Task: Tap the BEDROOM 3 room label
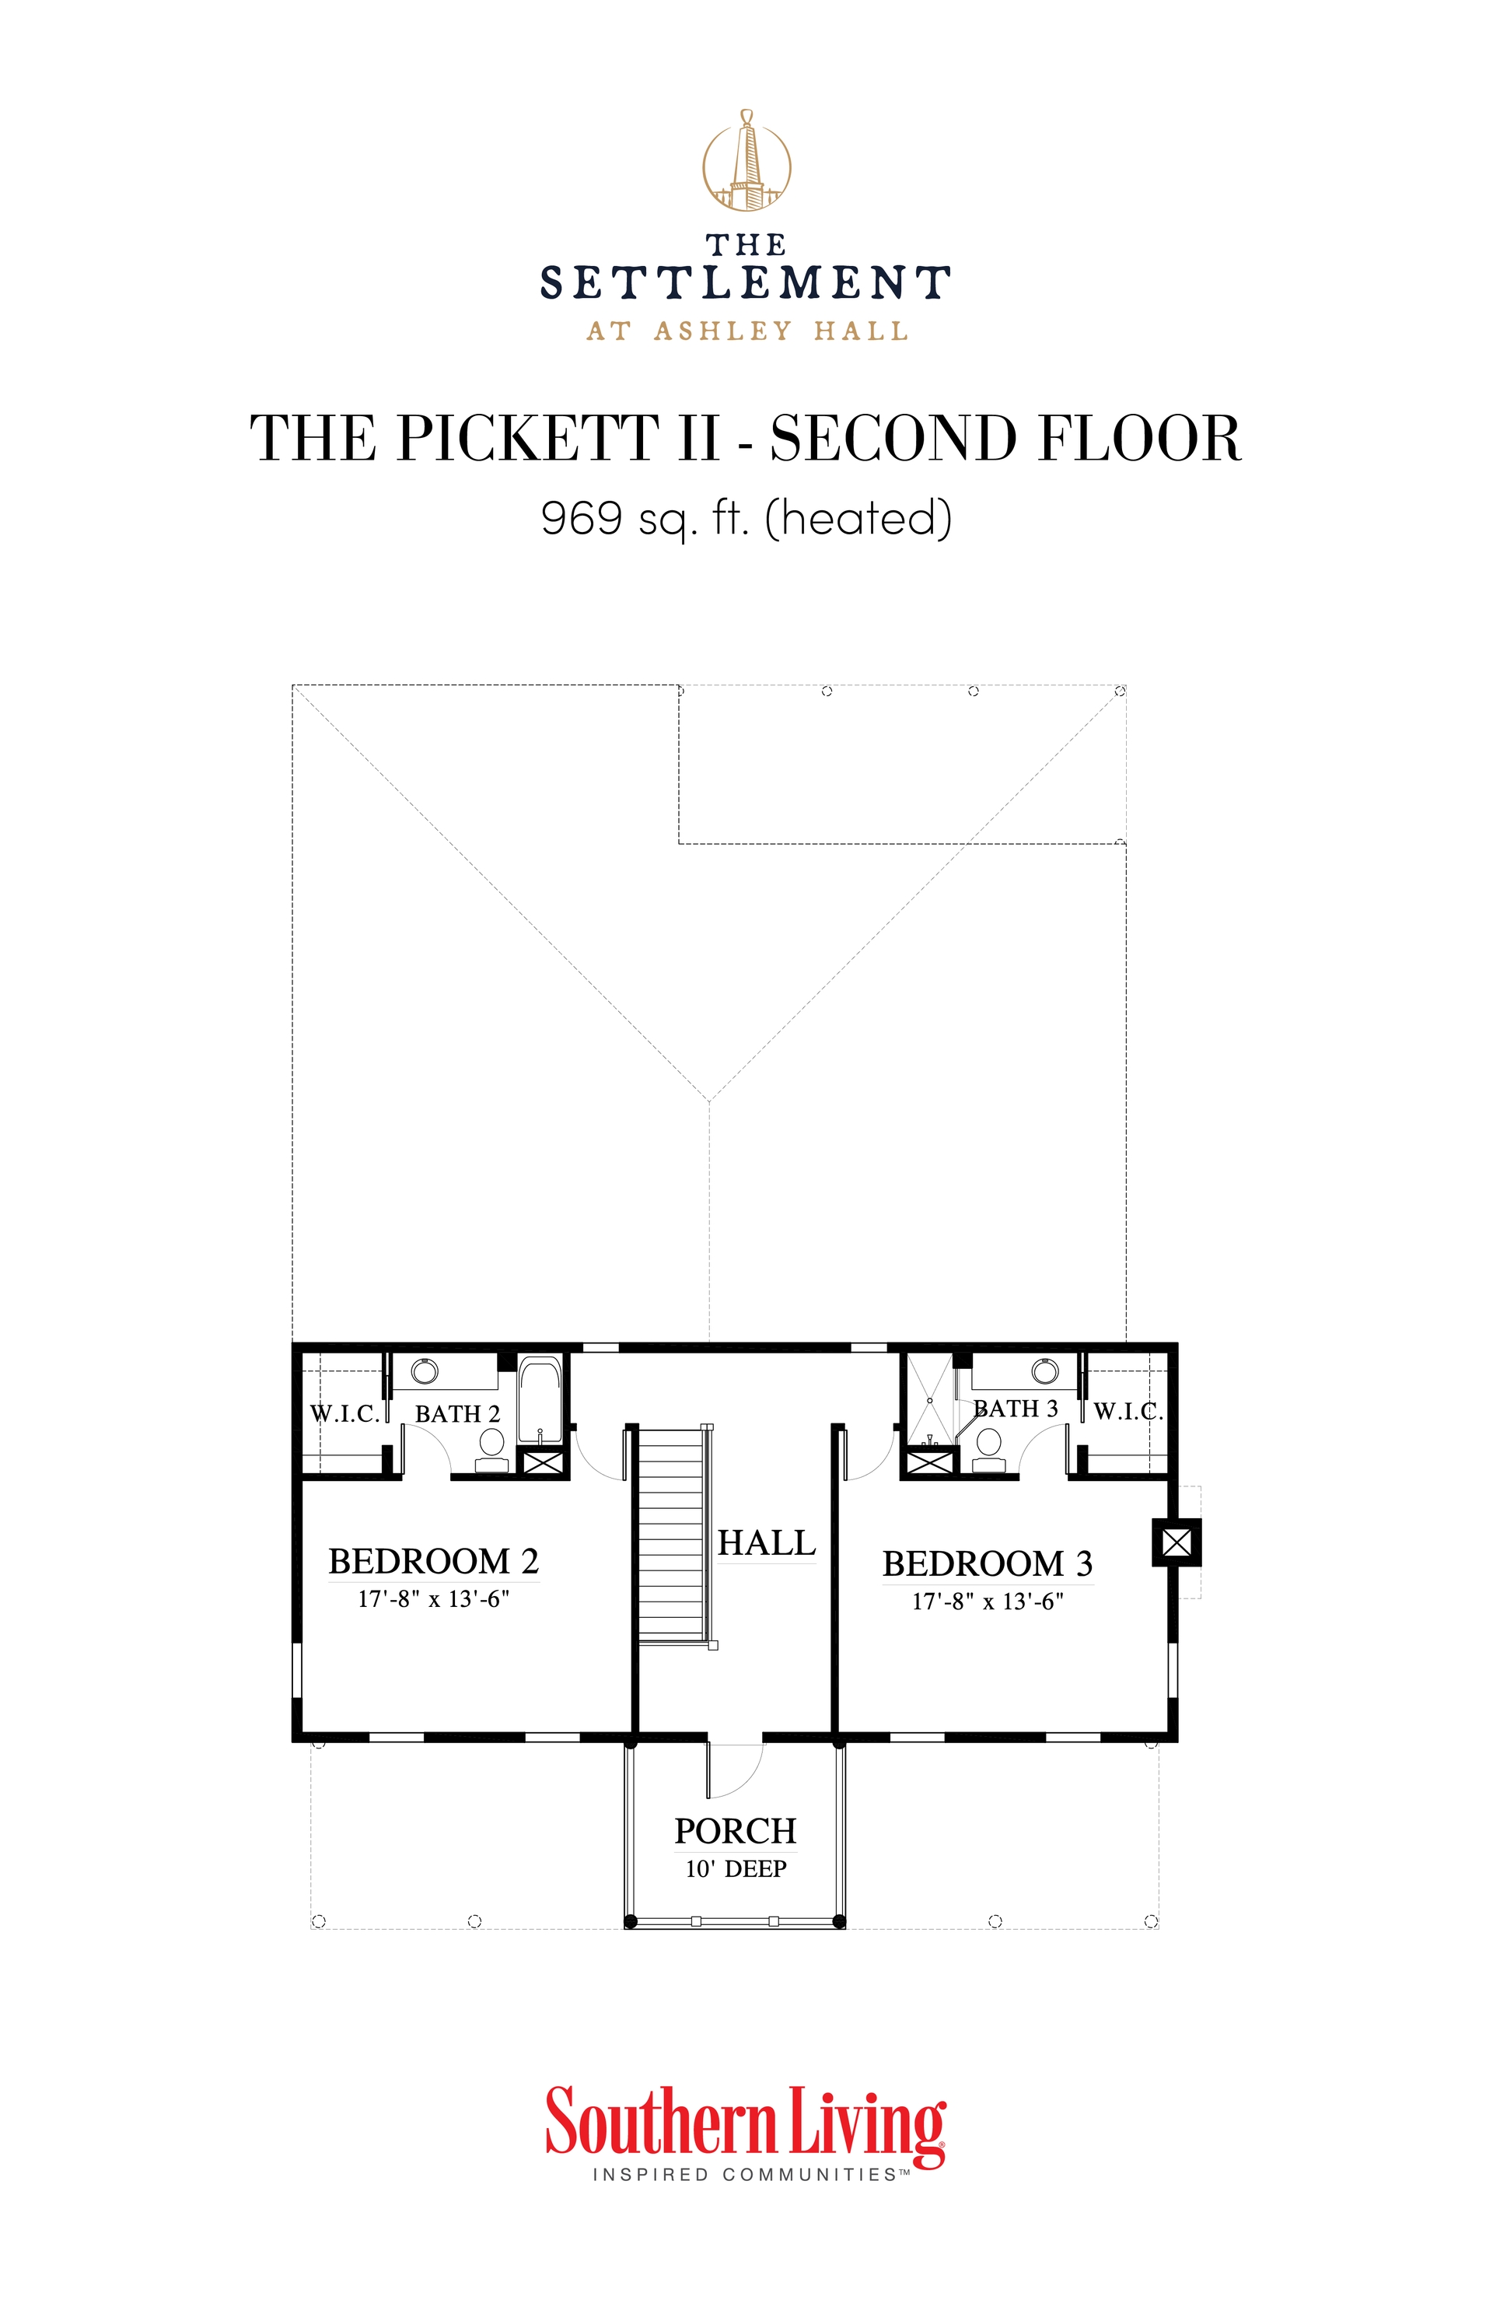986,1563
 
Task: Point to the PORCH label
736,1831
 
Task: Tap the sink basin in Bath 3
1043,1371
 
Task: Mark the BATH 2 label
457,1414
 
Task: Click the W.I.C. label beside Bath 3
1128,1411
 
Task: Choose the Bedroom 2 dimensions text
433,1599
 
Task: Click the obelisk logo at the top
746,160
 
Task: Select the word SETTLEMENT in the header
745,283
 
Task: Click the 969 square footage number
582,517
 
